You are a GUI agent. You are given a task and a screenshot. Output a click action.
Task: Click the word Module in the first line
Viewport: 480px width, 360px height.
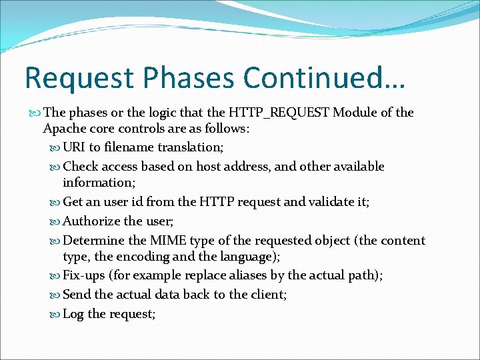[x=355, y=113]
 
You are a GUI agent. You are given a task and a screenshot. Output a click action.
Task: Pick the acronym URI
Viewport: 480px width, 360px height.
[x=75, y=147]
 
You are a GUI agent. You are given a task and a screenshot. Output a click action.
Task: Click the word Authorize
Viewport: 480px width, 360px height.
[x=91, y=221]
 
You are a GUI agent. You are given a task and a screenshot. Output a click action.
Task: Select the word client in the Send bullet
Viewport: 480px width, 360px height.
[x=267, y=294]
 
